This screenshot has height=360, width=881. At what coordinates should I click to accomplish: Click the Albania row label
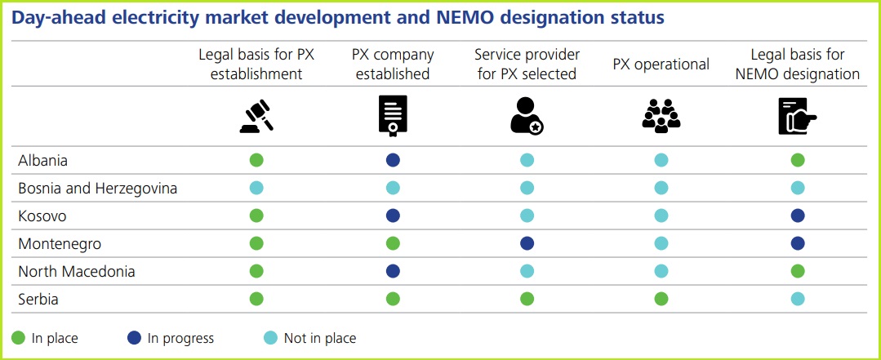point(43,161)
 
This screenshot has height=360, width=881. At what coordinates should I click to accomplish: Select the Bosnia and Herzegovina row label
point(98,189)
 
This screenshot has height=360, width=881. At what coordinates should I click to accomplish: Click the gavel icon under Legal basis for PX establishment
point(256,116)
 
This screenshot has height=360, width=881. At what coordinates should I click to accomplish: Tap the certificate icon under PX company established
point(393,116)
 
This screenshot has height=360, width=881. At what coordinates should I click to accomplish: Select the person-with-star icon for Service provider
point(527,116)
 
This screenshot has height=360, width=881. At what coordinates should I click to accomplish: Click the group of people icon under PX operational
point(661,116)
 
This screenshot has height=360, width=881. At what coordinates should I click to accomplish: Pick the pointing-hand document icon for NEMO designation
point(797,116)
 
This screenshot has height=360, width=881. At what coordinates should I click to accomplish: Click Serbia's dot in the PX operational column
point(661,300)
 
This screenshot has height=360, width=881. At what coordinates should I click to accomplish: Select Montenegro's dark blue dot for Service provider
point(527,244)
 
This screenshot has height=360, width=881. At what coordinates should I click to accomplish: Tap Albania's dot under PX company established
point(393,161)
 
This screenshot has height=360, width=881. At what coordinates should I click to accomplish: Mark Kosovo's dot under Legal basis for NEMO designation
point(798,216)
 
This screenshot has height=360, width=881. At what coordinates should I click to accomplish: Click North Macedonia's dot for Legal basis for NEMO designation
point(798,272)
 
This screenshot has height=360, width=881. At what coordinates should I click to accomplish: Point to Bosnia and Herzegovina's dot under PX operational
point(661,189)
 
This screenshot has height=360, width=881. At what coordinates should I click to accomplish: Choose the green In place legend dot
point(19,338)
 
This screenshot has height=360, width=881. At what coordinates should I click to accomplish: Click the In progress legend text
point(180,338)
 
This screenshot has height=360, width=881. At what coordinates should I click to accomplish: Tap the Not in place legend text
point(319,338)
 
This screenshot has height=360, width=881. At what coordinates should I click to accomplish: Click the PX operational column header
point(661,64)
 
